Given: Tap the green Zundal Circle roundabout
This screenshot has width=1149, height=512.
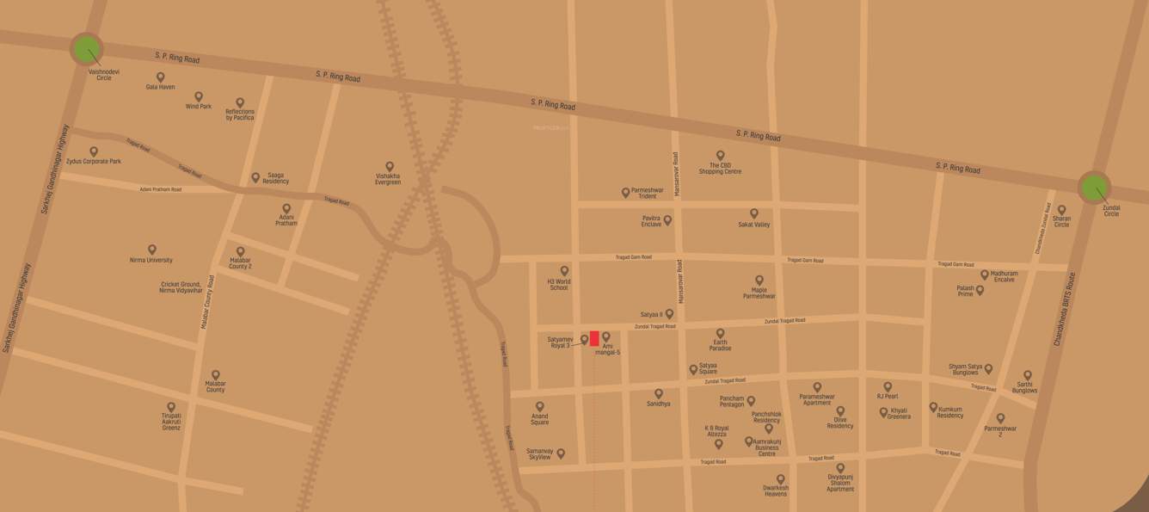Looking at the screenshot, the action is [1094, 188].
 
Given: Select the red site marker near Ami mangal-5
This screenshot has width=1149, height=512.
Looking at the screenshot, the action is [594, 338].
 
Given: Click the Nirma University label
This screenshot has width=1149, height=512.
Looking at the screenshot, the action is [151, 260].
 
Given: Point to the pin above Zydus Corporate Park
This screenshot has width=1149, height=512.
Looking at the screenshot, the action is [94, 151].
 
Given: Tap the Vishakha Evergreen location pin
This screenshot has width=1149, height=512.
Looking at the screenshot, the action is [389, 167].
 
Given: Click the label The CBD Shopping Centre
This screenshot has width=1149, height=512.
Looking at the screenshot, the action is [720, 169].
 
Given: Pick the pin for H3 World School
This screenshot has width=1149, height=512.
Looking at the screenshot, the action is [564, 271].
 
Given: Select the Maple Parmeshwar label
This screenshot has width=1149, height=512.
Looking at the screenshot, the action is [759, 293].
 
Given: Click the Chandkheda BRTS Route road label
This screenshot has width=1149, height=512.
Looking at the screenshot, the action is [1064, 310].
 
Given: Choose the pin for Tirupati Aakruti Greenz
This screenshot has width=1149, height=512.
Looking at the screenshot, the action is [171, 407].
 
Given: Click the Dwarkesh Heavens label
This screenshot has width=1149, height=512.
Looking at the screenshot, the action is [775, 490].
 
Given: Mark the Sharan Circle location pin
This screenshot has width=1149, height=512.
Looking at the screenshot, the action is [1061, 210].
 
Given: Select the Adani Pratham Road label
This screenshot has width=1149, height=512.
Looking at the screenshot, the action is [161, 189].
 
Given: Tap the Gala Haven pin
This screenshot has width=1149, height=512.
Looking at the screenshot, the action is [160, 77].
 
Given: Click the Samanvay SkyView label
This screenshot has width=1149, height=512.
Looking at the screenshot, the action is [539, 454].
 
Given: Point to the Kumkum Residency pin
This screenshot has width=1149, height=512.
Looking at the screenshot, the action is [933, 407].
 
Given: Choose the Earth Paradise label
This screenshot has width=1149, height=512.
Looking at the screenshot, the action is [720, 345].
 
